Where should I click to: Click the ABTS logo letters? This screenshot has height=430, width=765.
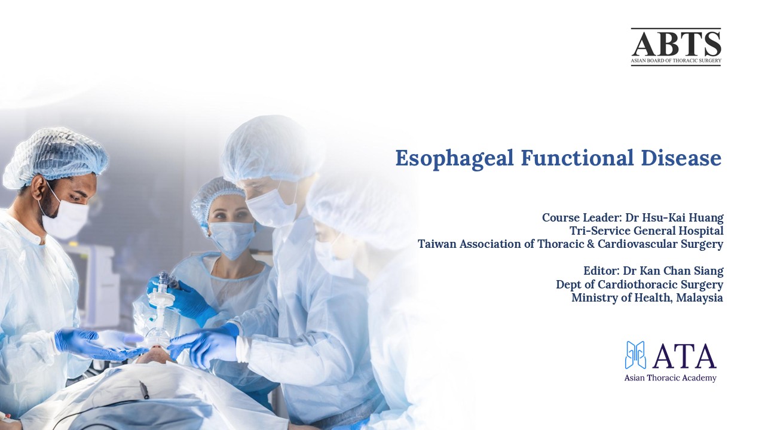click(676, 44)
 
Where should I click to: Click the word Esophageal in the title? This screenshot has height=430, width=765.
click(454, 159)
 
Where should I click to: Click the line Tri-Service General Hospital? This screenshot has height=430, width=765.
click(647, 231)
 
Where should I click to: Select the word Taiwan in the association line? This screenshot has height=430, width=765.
click(437, 244)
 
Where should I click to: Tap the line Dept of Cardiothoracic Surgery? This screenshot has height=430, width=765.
click(639, 284)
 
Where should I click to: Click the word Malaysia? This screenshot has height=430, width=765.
click(700, 297)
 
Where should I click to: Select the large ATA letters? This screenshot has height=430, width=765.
click(684, 356)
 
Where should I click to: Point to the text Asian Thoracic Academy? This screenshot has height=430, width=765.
click(670, 378)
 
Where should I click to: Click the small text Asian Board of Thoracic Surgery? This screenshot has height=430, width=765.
click(676, 61)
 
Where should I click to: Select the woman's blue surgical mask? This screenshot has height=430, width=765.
click(232, 238)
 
